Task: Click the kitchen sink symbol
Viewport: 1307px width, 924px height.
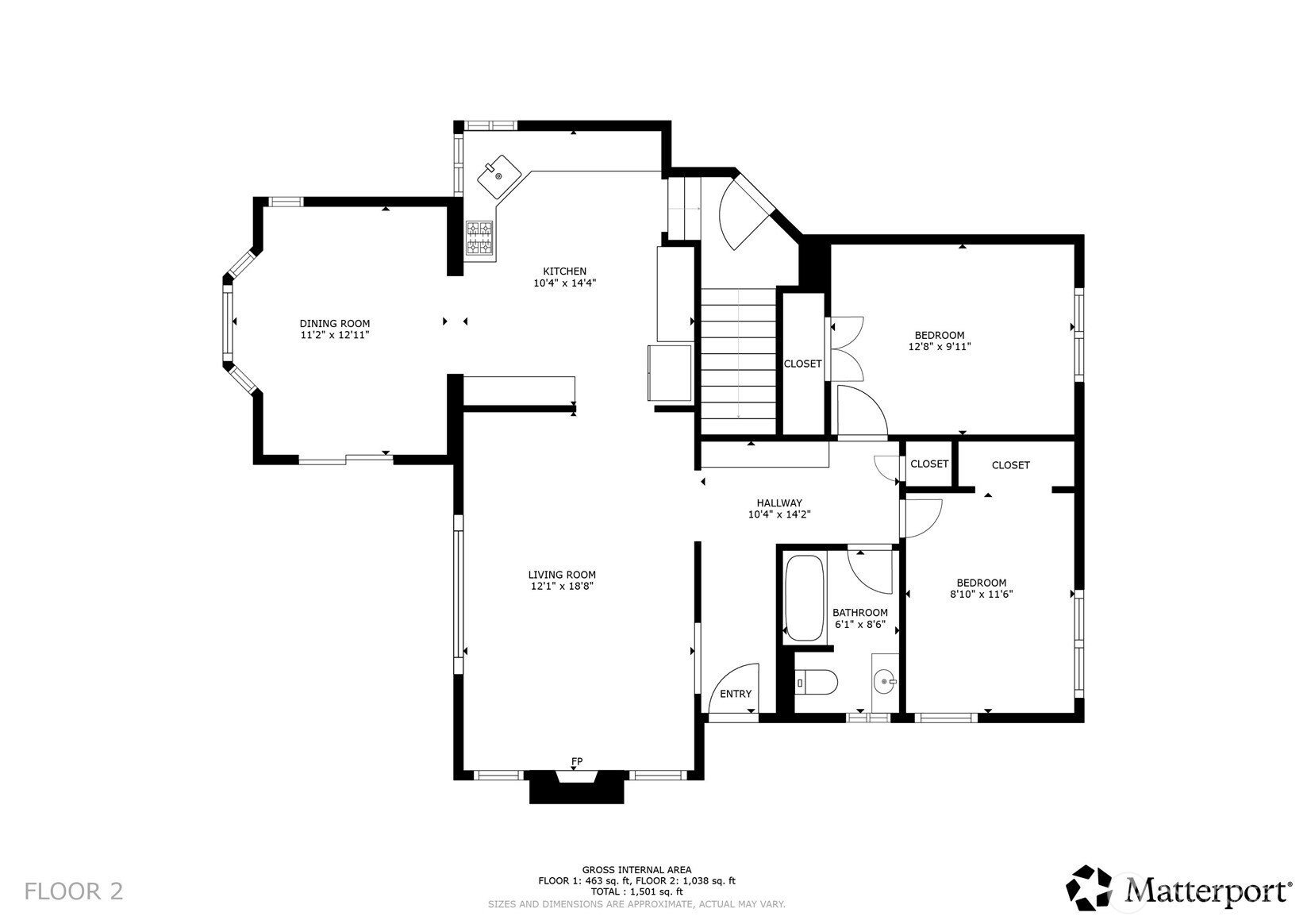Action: tap(499, 175)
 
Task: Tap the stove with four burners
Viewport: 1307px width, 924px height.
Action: tap(479, 238)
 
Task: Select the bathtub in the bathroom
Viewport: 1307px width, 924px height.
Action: tap(804, 598)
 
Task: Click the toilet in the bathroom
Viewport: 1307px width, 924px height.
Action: tap(817, 682)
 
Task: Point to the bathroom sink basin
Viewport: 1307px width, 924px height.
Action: tap(885, 681)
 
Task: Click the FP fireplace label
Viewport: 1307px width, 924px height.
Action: tap(576, 761)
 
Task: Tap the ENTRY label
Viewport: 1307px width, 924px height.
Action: tap(735, 694)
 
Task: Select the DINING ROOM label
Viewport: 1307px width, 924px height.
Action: tap(335, 323)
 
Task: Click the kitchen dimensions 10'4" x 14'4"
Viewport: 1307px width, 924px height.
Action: tap(564, 283)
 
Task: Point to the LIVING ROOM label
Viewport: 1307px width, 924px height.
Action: tap(562, 575)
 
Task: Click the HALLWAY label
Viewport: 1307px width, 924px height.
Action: tap(779, 502)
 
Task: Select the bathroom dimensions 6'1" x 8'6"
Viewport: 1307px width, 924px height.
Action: tap(860, 624)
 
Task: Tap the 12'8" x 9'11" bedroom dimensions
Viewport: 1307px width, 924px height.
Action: tap(940, 346)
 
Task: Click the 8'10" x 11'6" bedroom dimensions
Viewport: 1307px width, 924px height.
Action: tap(982, 595)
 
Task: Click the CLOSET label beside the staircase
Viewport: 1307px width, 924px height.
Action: tap(802, 364)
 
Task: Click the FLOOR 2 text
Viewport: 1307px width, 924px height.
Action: tap(74, 891)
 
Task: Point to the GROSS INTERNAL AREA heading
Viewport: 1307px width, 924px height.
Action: tap(636, 870)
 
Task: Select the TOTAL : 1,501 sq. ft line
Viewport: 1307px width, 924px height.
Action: tap(636, 891)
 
